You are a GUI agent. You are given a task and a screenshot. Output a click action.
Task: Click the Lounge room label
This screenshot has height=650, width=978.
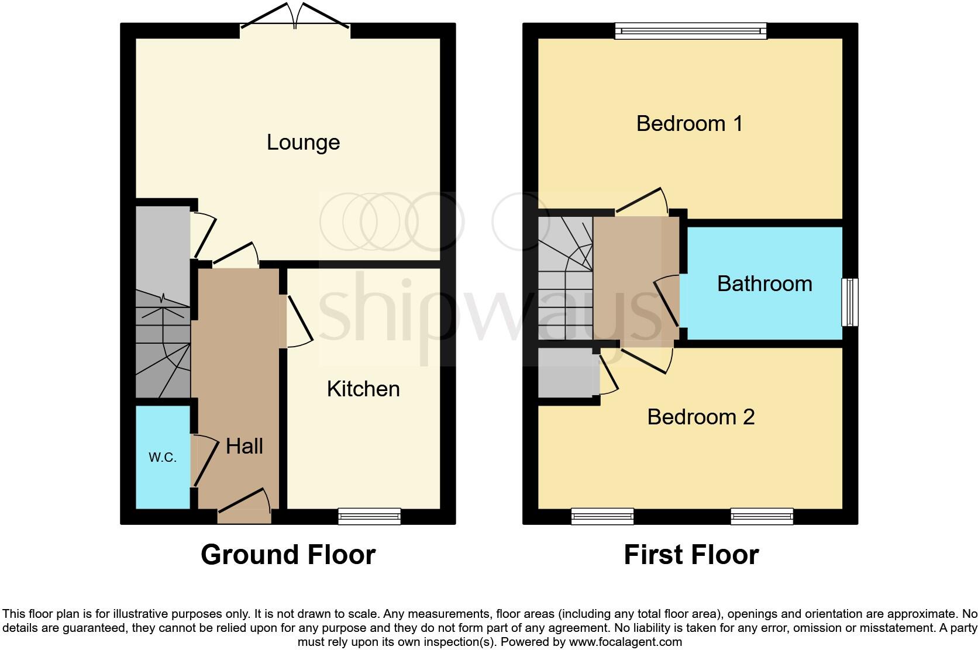[x=303, y=143]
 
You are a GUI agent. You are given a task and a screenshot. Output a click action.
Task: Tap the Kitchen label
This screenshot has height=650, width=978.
[x=363, y=389]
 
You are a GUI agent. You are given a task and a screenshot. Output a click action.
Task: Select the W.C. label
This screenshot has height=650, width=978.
[x=162, y=458]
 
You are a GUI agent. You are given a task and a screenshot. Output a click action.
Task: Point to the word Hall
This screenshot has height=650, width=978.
[x=244, y=447]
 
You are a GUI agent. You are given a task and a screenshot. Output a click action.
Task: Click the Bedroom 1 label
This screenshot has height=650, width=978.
[x=689, y=124]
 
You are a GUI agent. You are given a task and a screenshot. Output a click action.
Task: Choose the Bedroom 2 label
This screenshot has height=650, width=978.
[x=701, y=417]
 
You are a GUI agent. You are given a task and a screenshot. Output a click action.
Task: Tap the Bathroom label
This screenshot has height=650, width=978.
[x=765, y=284]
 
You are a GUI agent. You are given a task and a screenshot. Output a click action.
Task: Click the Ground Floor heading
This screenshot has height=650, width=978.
[x=288, y=555]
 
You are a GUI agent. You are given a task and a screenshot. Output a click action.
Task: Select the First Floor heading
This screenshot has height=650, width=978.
[x=691, y=555]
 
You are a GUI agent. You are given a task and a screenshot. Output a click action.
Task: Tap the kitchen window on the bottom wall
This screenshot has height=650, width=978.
[x=370, y=516]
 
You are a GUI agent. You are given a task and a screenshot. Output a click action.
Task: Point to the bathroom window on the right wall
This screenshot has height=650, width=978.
[x=850, y=302]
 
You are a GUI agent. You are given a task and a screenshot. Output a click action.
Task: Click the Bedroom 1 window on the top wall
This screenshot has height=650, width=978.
[x=690, y=30]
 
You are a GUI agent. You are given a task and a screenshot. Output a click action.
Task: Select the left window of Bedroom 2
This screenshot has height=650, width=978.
[x=602, y=516]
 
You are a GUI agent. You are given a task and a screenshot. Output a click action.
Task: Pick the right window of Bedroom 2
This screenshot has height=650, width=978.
[x=762, y=516]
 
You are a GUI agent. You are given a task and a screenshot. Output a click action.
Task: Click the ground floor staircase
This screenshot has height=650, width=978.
[x=163, y=345]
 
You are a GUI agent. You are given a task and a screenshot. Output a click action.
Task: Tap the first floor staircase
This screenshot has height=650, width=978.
[x=565, y=278]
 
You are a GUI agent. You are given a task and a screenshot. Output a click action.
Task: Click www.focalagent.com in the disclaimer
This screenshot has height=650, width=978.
[x=625, y=642]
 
